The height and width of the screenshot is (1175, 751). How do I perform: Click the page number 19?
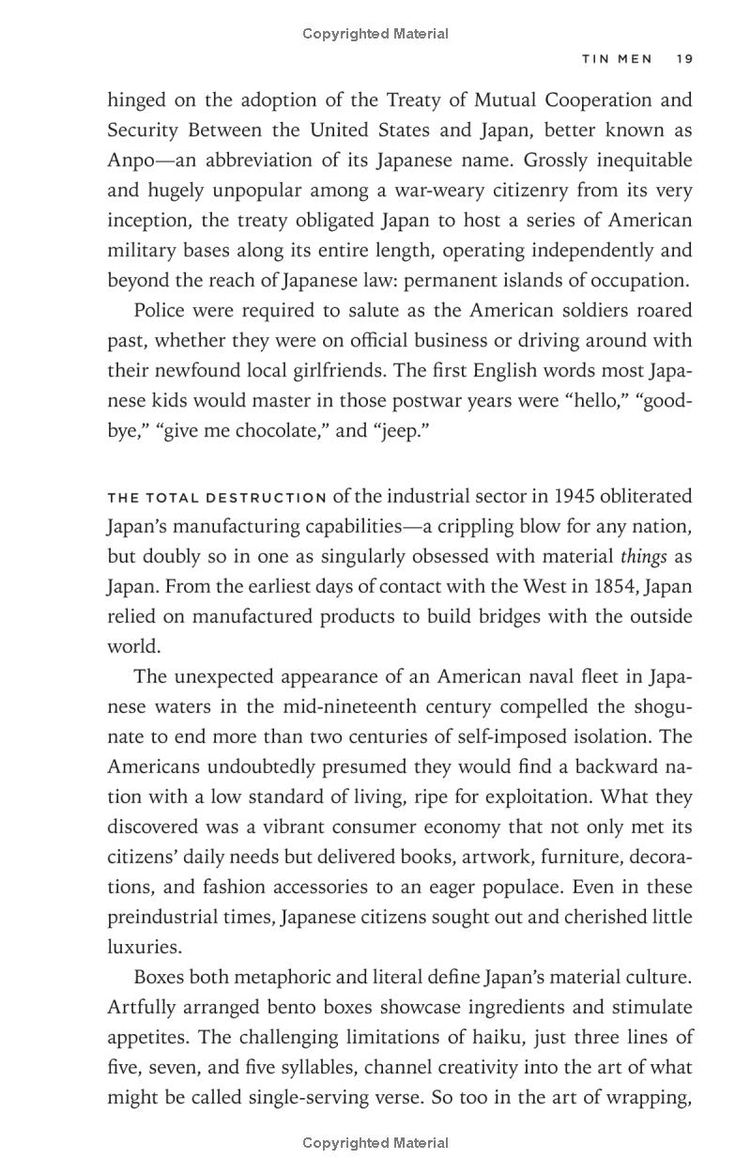[x=683, y=58]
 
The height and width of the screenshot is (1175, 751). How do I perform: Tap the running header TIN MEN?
[x=617, y=58]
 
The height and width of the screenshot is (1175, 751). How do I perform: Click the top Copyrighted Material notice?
[x=375, y=34]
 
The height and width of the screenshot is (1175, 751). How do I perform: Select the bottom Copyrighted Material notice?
[x=375, y=1143]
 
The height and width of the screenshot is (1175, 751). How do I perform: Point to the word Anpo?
[x=133, y=160]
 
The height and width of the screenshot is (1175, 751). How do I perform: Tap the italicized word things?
[x=644, y=556]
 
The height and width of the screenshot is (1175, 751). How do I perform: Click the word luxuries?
[x=144, y=947]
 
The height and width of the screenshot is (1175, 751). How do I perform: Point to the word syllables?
[x=320, y=1067]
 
